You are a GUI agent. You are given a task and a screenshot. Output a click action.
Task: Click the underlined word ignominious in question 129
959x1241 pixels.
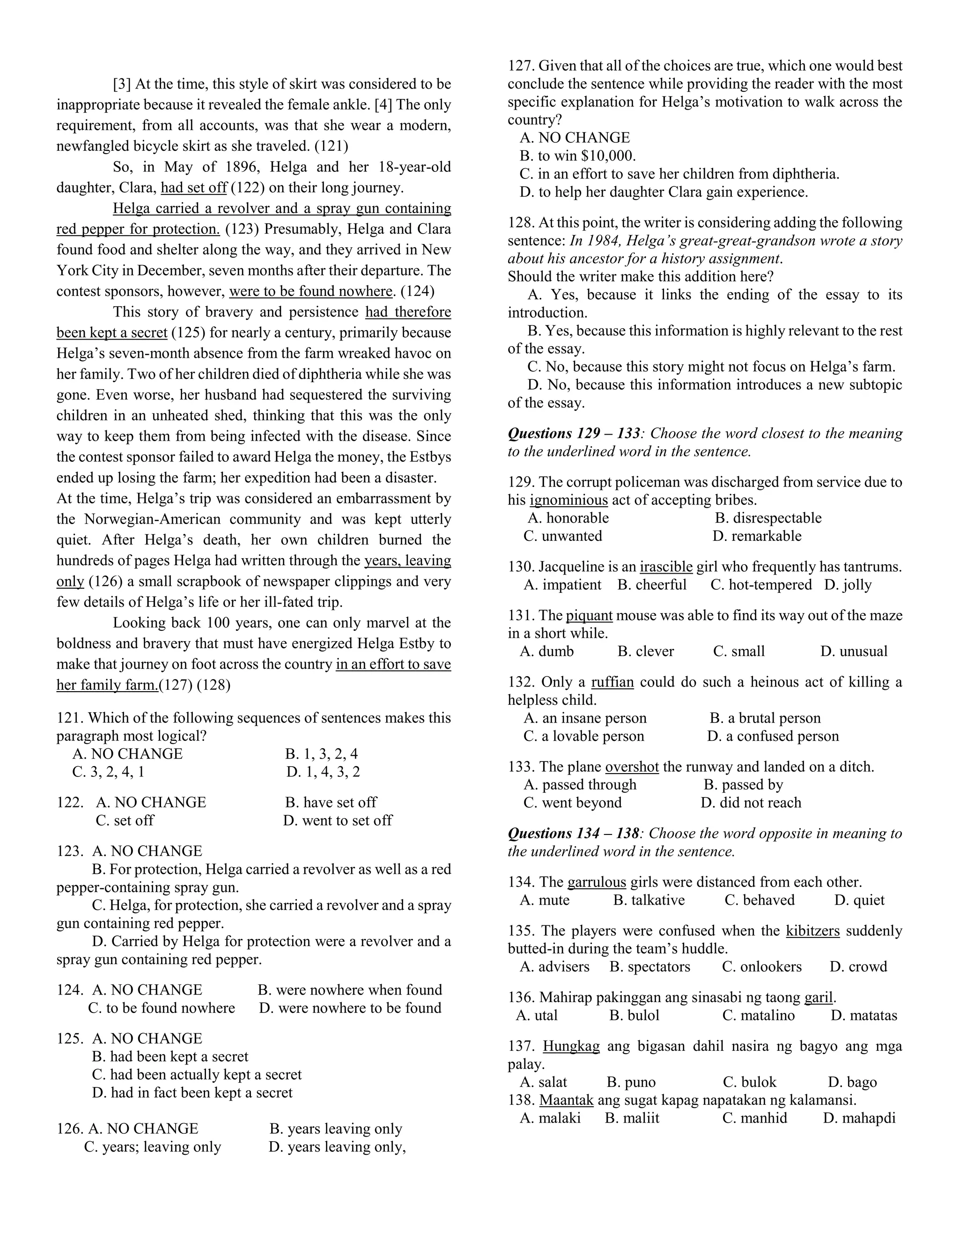[x=568, y=500]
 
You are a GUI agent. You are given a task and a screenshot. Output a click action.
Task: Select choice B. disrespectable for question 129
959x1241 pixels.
[x=768, y=518]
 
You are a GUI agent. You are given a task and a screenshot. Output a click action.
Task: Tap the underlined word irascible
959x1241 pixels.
[x=666, y=567]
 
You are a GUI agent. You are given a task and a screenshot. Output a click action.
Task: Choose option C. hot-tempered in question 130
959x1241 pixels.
[x=761, y=585]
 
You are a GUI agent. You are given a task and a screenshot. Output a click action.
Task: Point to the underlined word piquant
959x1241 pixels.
[x=589, y=615]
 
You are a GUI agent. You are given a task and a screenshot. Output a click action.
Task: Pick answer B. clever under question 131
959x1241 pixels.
[x=645, y=651]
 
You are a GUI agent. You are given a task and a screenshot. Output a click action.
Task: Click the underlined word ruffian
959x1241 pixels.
[x=612, y=682]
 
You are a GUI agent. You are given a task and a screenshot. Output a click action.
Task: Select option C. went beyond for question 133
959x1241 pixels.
[x=573, y=802]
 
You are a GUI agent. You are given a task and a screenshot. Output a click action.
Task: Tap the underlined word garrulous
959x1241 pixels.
[x=597, y=882]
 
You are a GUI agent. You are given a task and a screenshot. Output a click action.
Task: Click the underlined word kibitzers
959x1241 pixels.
[x=812, y=931]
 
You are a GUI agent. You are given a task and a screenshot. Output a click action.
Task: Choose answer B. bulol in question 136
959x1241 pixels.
[x=634, y=1015]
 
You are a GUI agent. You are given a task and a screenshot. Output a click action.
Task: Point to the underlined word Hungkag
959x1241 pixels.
[x=571, y=1046]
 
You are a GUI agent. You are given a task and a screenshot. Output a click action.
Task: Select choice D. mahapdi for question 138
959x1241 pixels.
[x=859, y=1118]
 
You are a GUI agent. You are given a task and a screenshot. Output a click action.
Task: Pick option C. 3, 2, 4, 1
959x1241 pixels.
[x=108, y=772]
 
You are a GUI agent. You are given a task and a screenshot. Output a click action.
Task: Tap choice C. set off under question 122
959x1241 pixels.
[x=125, y=820]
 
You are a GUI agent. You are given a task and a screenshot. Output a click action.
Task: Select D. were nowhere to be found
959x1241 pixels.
[x=350, y=1008]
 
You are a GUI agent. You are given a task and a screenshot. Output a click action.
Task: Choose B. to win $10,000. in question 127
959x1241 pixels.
[x=578, y=155]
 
